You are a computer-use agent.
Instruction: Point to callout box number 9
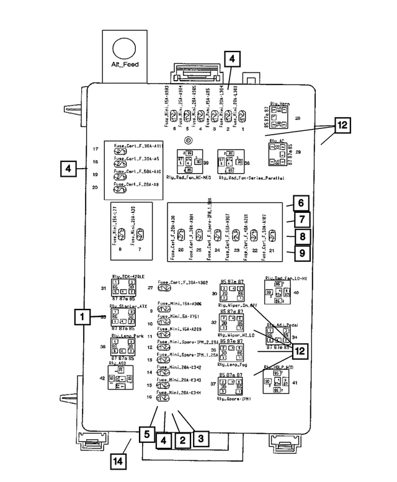pos(300,253)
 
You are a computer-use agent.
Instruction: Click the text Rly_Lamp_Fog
pos(233,366)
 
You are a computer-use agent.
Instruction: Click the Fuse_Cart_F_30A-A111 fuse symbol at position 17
pos(121,151)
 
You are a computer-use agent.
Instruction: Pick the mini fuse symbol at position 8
pos(122,233)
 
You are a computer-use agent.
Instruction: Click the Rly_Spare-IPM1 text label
pos(233,399)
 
